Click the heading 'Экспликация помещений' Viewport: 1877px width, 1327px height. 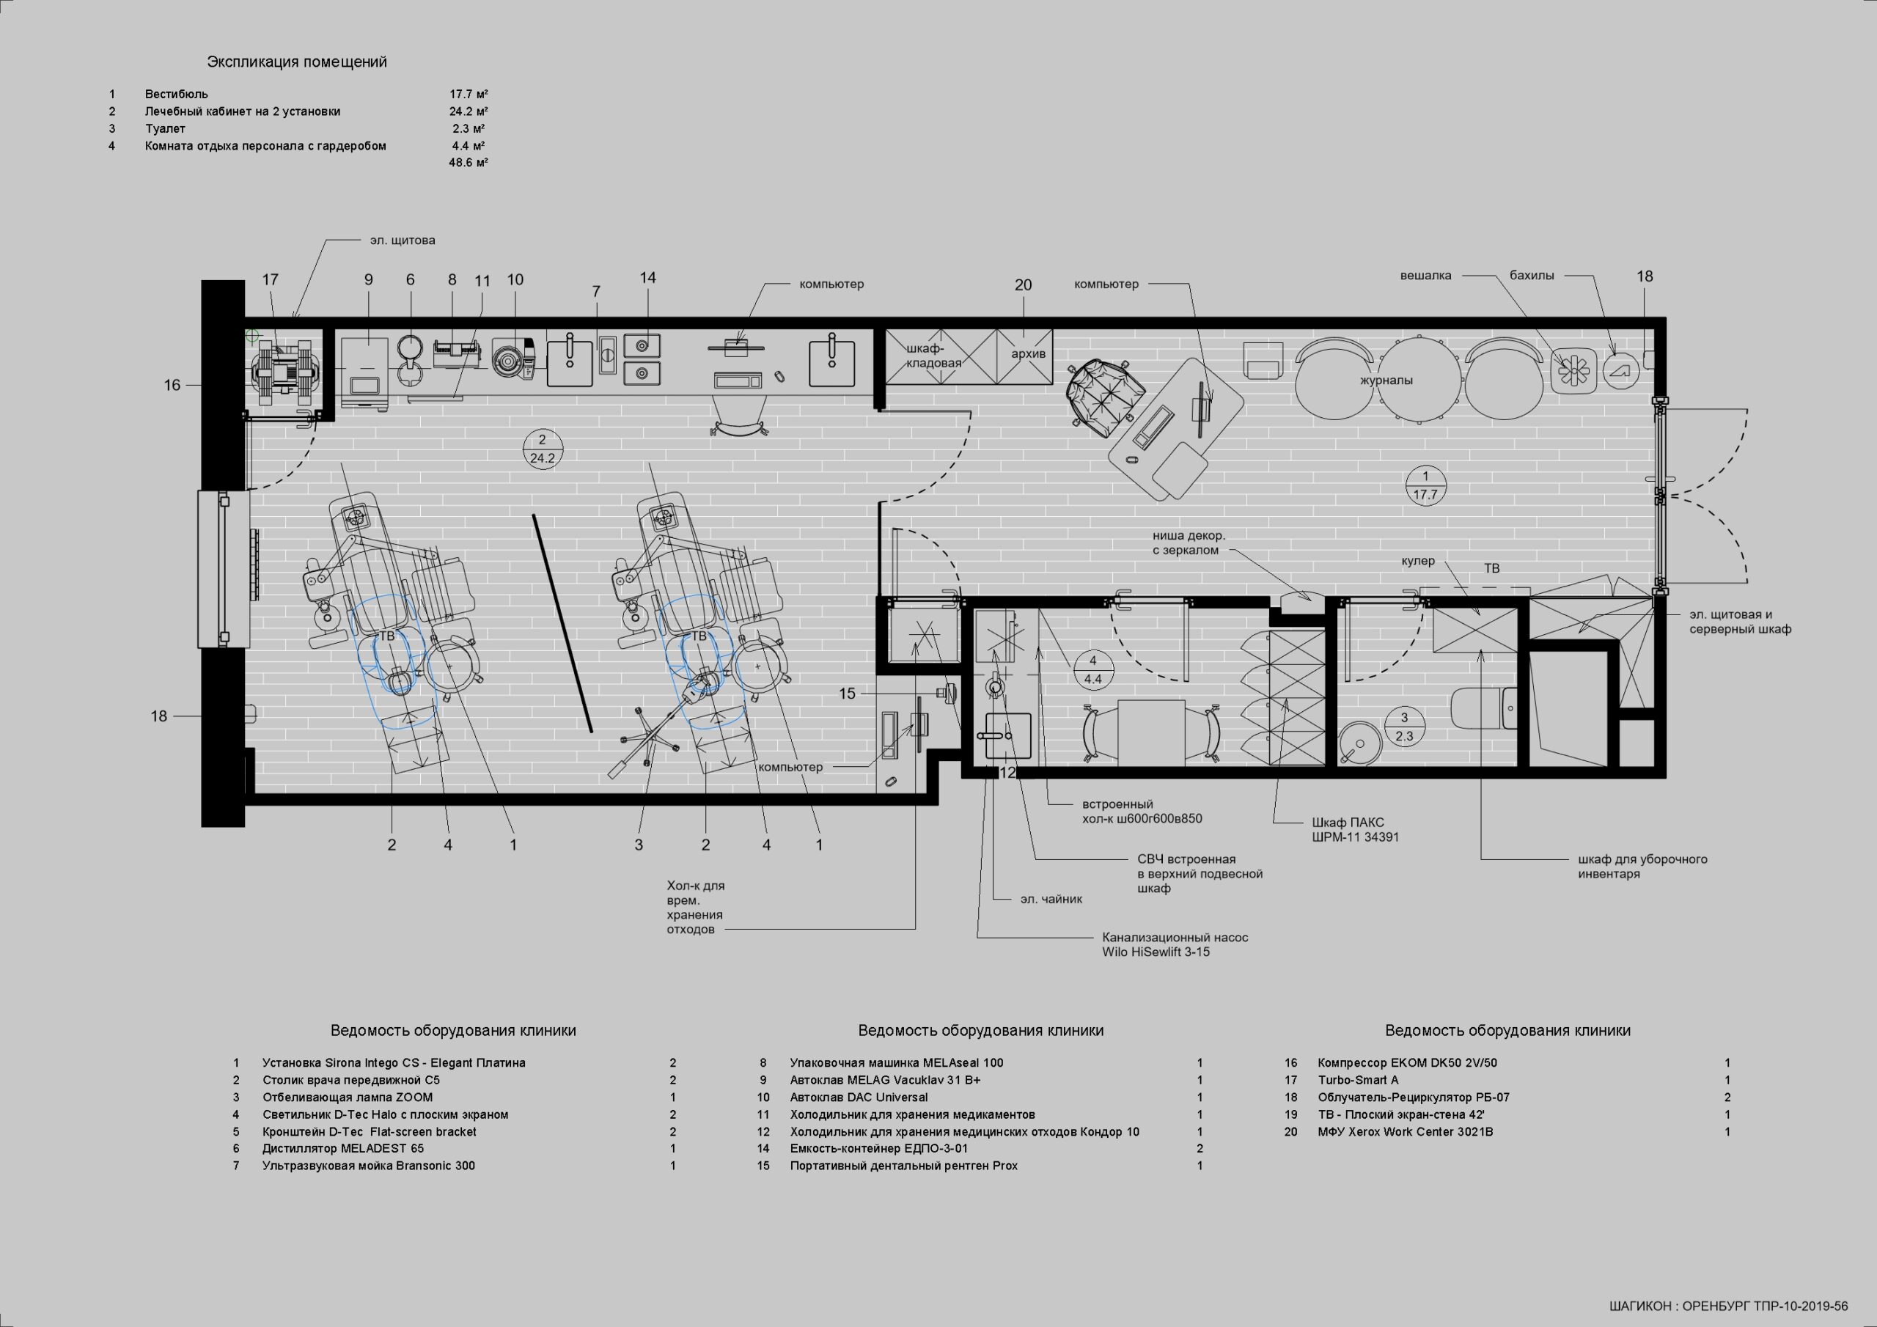click(297, 62)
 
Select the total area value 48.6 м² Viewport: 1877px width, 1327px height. click(469, 163)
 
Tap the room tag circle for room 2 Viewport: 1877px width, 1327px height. click(542, 449)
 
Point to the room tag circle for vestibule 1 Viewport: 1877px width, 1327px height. click(1425, 485)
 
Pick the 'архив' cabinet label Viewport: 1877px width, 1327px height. click(1029, 354)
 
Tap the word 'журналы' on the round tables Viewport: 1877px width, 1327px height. click(1386, 381)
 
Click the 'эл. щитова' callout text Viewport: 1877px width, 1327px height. click(403, 240)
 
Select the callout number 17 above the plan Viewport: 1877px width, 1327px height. click(271, 279)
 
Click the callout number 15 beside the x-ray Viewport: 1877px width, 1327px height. click(847, 694)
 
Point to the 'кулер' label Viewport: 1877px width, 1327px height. click(1417, 561)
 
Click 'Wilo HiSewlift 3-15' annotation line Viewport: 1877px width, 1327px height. click(1156, 952)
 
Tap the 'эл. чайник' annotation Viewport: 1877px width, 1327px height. click(1051, 900)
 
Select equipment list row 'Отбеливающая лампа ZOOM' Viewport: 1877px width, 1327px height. click(348, 1098)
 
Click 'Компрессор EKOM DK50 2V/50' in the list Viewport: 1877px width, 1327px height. click(1407, 1063)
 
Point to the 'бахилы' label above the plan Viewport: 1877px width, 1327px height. click(1531, 276)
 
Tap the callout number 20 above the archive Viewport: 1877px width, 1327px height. click(1023, 284)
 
